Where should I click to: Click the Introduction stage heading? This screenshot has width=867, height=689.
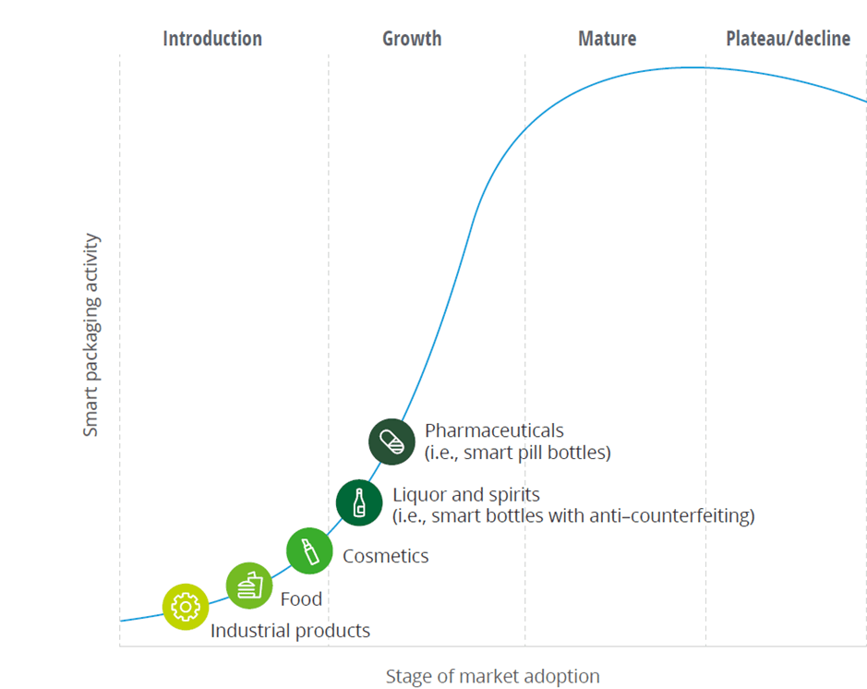212,39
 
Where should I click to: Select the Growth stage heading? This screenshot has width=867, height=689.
412,39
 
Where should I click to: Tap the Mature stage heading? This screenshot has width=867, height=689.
607,39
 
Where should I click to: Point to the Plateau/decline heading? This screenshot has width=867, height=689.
788,39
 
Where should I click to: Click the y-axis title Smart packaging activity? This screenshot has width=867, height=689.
90,334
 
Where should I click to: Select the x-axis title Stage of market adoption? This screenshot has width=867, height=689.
492,677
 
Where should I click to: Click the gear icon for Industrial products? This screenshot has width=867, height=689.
186,607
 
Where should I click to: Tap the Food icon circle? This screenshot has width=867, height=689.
249,585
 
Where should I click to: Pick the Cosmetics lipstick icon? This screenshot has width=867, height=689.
309,551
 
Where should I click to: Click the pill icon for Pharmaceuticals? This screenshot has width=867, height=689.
391,441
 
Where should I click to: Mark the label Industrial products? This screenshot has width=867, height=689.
290,632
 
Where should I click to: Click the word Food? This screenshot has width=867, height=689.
301,599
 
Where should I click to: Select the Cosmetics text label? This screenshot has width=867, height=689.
385,556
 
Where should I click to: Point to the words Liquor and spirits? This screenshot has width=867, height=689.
465,495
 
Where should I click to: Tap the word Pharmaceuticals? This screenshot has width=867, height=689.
494,430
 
